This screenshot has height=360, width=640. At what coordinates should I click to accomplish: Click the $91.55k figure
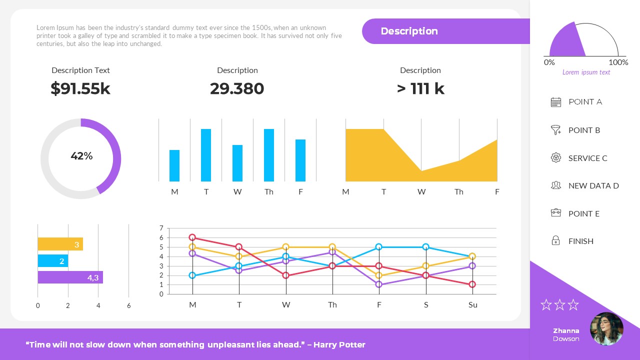pos(80,88)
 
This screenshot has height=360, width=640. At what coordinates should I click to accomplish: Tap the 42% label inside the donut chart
pos(81,156)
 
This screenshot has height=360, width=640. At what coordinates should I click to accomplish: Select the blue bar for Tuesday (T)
pos(206,155)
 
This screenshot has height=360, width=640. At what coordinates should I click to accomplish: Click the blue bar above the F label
pos(300,160)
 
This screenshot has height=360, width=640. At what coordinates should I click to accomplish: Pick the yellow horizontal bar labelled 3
pos(60,244)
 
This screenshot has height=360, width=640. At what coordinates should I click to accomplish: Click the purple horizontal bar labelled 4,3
pos(70,277)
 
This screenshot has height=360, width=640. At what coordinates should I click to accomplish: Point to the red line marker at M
pos(192,237)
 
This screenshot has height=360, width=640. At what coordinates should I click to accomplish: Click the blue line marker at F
pos(379,247)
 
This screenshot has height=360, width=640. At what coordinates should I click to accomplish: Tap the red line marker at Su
pos(472,284)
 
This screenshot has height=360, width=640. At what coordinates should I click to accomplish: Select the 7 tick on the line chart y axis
pos(161,228)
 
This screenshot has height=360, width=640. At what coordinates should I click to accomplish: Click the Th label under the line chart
pos(332,305)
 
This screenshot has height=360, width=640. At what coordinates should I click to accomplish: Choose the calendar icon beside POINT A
pos(556,102)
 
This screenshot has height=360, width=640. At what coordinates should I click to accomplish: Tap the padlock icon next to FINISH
pos(555,241)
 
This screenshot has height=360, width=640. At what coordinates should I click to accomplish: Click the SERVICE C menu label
pos(587,158)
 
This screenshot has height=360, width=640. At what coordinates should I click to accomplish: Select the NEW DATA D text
pos(593,185)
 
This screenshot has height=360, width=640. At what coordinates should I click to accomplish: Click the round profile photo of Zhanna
pos(606,329)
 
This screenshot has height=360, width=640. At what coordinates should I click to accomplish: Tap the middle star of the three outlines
pos(559,304)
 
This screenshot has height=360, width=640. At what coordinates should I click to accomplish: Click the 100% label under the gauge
pos(618,62)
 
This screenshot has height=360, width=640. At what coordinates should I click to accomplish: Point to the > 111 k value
pos(420,88)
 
